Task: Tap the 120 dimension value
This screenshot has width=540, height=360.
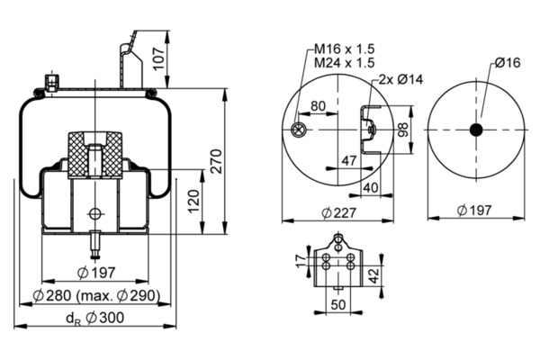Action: pyautogui.click(x=193, y=201)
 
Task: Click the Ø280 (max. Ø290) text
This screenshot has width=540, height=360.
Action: pyautogui.click(x=96, y=295)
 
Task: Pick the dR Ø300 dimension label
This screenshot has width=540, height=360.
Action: pyautogui.click(x=95, y=317)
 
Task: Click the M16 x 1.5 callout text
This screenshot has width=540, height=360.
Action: pyautogui.click(x=344, y=48)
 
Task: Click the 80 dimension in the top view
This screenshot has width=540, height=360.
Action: pyautogui.click(x=317, y=105)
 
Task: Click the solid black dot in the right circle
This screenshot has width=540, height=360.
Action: pyautogui.click(x=476, y=130)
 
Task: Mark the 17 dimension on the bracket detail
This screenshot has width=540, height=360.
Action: pyautogui.click(x=300, y=260)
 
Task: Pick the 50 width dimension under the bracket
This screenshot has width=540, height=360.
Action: pyautogui.click(x=338, y=304)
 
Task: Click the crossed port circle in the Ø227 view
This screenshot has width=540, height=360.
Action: pyautogui.click(x=299, y=131)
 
